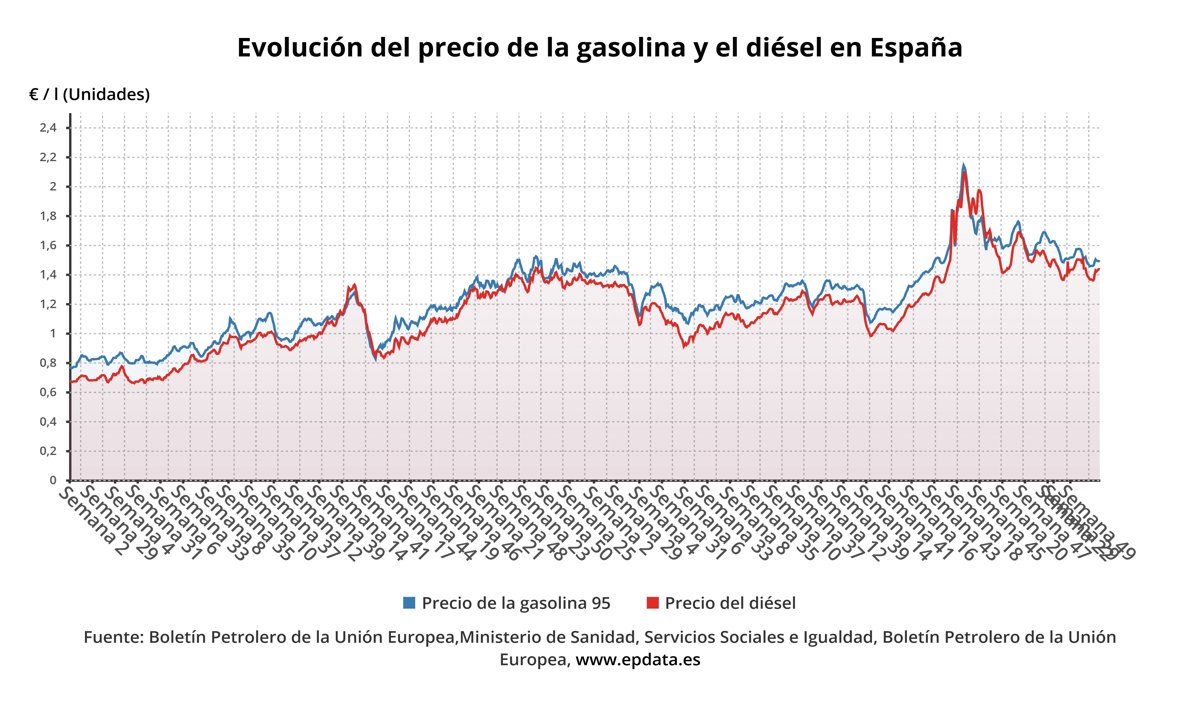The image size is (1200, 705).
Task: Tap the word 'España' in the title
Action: point(916,48)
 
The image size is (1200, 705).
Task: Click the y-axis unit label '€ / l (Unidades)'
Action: point(89,95)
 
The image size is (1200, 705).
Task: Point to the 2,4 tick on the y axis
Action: point(48,128)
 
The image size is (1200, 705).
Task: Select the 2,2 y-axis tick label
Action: point(48,157)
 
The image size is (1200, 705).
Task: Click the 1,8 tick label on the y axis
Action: point(48,216)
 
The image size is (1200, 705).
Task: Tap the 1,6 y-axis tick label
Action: point(48,245)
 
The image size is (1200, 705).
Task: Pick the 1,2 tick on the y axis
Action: point(48,304)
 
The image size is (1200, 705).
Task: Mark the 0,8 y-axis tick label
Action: point(48,363)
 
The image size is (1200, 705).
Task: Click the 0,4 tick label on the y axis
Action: point(48,422)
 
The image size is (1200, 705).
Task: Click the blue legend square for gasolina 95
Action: point(409,603)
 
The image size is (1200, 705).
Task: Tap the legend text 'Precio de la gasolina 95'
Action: point(516,603)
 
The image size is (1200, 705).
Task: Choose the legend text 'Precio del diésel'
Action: point(730,603)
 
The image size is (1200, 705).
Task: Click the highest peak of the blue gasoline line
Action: point(963,165)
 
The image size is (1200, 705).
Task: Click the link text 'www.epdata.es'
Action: point(638,660)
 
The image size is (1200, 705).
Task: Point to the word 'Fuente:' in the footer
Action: point(112,637)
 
